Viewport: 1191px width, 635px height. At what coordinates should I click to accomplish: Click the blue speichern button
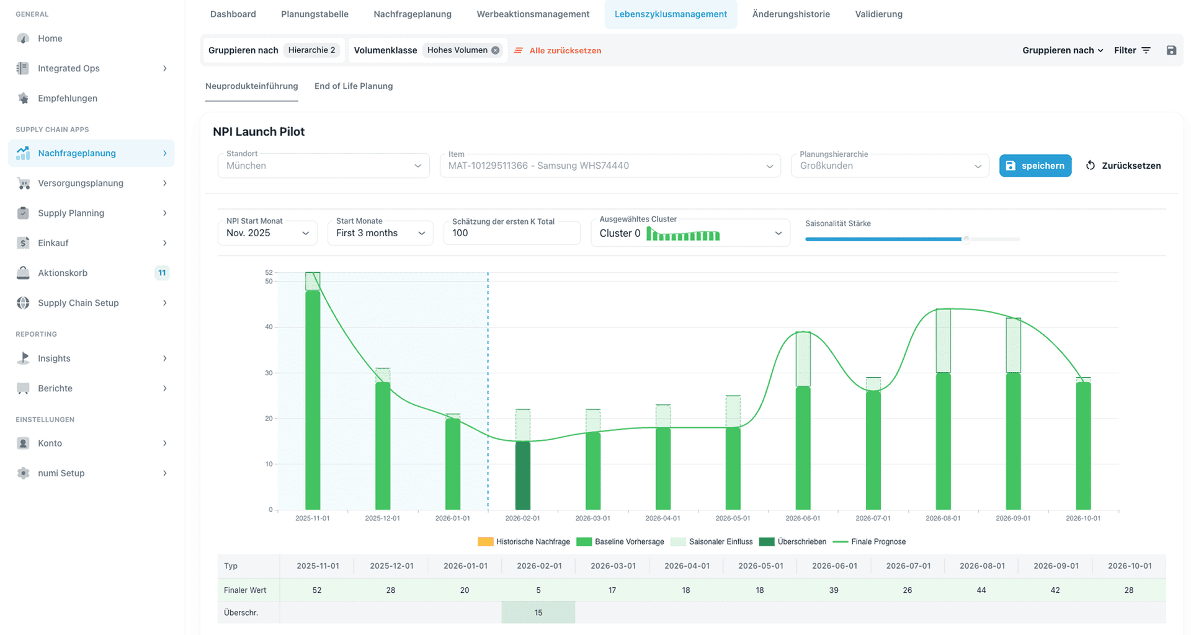tap(1035, 166)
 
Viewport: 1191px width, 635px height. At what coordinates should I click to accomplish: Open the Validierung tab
tap(878, 14)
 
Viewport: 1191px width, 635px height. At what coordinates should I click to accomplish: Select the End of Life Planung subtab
tap(353, 86)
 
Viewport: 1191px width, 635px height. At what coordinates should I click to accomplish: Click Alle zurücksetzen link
tap(564, 51)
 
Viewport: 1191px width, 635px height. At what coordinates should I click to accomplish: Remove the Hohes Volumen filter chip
tap(495, 51)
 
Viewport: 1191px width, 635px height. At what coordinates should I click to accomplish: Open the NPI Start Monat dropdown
tap(267, 233)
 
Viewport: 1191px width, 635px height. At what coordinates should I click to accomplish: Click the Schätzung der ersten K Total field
tap(511, 233)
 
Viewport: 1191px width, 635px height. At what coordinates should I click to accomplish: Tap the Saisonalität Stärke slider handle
tap(966, 239)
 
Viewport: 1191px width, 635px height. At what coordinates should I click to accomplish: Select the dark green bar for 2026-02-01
tap(523, 476)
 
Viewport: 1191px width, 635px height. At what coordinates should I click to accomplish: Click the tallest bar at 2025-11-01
tap(313, 397)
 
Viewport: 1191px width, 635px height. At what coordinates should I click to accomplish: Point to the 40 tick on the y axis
tap(269, 327)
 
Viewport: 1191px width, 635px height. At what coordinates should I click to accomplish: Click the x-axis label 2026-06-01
tap(803, 518)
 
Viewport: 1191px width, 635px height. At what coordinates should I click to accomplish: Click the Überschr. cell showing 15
tap(538, 613)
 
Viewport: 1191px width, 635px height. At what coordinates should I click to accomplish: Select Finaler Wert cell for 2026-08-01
tap(981, 590)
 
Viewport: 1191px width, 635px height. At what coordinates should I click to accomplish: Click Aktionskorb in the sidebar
tap(63, 273)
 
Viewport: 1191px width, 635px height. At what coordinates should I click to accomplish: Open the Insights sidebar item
tap(54, 358)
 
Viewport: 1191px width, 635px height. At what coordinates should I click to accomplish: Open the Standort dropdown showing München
tap(323, 166)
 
